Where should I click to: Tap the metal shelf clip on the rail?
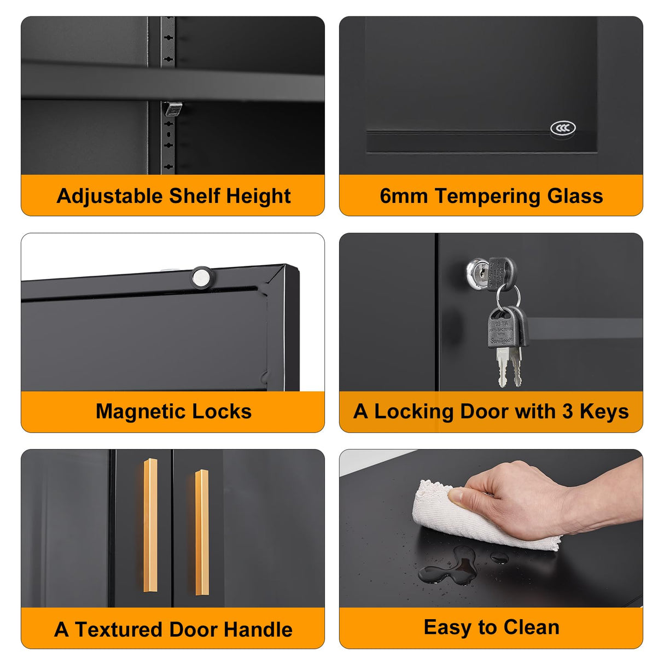click(173, 109)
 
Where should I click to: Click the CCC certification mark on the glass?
click(562, 129)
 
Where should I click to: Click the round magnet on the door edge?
click(202, 277)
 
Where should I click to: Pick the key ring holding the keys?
click(508, 297)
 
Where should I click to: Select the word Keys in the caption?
click(604, 412)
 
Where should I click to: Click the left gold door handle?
click(150, 525)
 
